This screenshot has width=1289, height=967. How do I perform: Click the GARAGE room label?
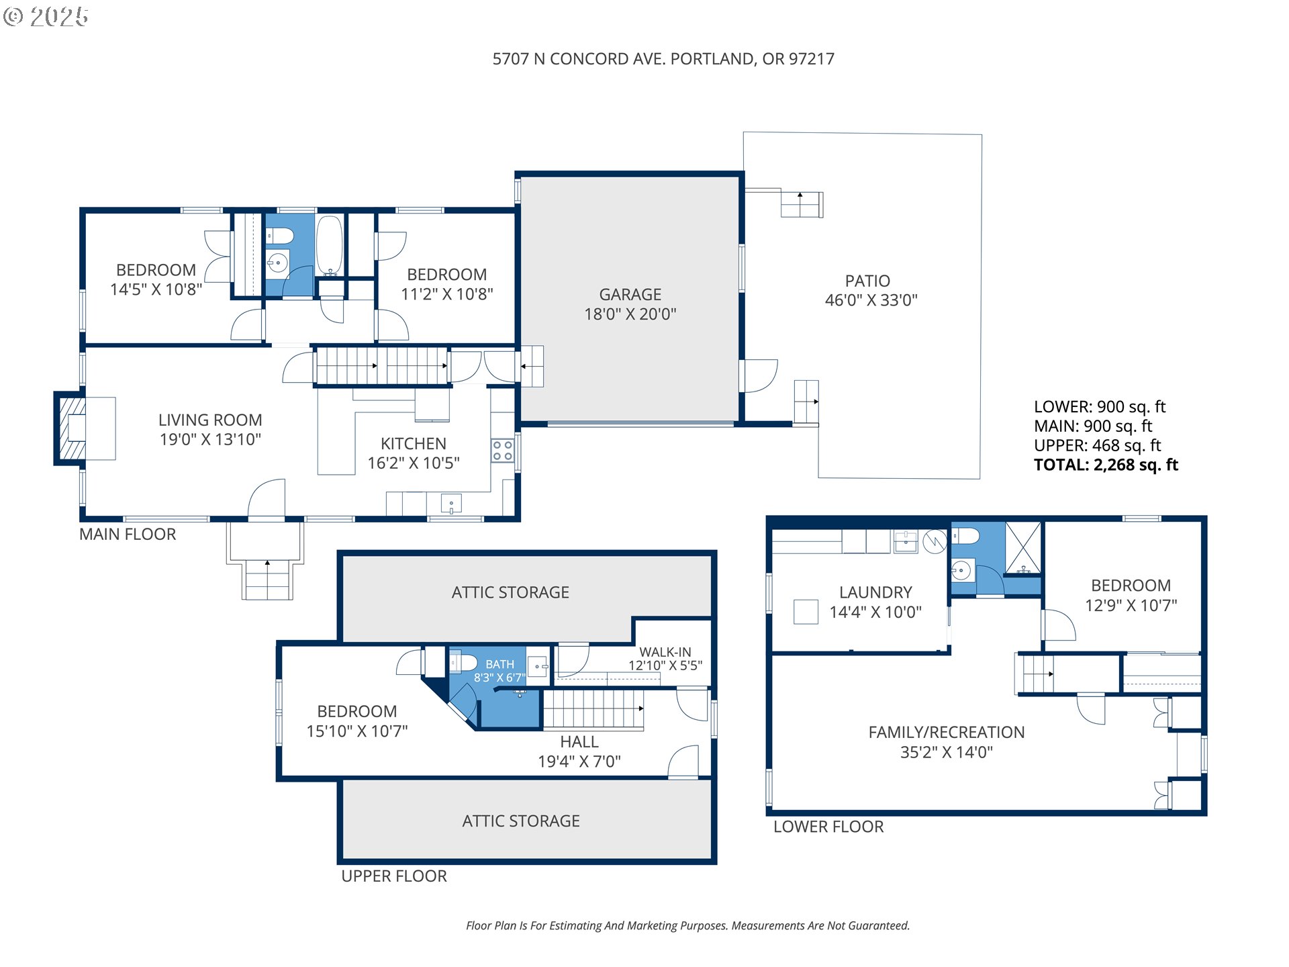click(x=630, y=294)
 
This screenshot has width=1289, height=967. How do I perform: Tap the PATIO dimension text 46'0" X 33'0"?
click(x=871, y=300)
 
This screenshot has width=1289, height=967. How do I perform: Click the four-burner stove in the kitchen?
click(x=502, y=451)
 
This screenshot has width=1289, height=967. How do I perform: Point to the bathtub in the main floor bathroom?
click(x=330, y=245)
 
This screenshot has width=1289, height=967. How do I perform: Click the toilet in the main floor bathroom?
click(x=280, y=236)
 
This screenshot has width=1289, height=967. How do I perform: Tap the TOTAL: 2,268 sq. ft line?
click(x=1106, y=465)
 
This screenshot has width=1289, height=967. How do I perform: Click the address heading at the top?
click(x=663, y=59)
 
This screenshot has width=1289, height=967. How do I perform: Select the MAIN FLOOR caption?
click(x=128, y=535)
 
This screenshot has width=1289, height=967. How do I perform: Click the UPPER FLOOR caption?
click(x=394, y=876)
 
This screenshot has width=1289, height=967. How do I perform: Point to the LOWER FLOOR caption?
click(x=828, y=827)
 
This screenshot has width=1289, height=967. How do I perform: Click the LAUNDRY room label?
click(x=875, y=592)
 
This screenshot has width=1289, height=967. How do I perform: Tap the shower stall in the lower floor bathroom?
click(x=1023, y=548)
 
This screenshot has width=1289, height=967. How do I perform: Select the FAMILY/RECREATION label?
click(x=947, y=733)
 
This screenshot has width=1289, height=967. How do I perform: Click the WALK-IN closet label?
click(x=665, y=652)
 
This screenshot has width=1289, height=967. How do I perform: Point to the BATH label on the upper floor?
click(x=500, y=664)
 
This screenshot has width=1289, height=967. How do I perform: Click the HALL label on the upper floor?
click(x=579, y=742)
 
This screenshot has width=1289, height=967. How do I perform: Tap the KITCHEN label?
click(x=414, y=444)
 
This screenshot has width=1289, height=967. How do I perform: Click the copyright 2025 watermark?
click(x=46, y=17)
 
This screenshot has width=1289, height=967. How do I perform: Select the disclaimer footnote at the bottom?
click(x=688, y=926)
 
